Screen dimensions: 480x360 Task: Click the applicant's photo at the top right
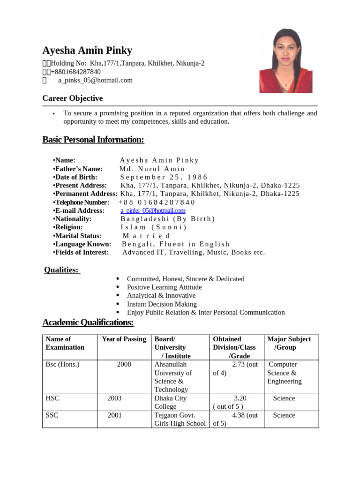(285, 60)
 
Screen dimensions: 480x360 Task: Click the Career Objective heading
(72, 98)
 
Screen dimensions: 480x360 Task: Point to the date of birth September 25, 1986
(164, 177)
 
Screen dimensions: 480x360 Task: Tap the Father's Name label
(78, 169)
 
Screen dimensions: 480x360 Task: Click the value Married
(146, 236)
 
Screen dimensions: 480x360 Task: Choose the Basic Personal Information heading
(93, 140)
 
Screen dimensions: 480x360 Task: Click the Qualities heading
(61, 270)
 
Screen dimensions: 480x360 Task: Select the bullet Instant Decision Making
(162, 304)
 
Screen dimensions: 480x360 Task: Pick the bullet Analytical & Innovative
(161, 296)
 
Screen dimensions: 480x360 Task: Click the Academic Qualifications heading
(88, 322)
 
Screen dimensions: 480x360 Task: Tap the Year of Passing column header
(124, 339)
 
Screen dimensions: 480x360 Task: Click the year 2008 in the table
(124, 364)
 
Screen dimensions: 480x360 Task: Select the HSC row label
(52, 398)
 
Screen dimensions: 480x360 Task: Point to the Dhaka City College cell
(171, 402)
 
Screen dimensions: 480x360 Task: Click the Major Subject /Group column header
(289, 343)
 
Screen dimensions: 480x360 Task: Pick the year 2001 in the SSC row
(115, 415)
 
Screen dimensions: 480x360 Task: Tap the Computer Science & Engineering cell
(284, 373)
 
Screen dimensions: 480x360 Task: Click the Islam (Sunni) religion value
(153, 227)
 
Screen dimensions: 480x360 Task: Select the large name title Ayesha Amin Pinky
(87, 51)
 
